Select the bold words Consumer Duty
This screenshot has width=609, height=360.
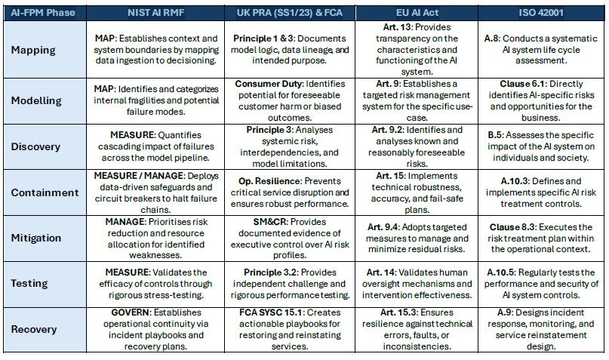(268, 83)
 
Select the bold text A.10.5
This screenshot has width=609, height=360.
(504, 272)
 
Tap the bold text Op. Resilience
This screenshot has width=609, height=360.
(262, 182)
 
